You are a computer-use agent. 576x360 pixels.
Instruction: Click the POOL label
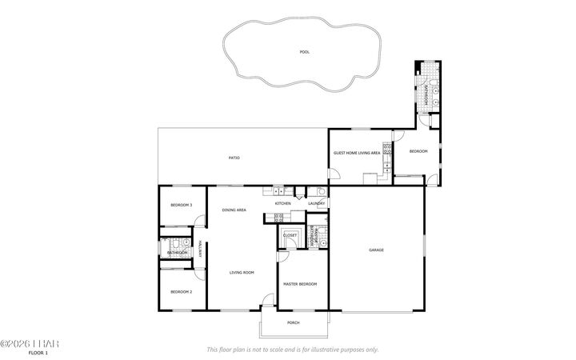pos(304,52)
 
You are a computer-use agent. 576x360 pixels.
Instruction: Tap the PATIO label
pos(234,158)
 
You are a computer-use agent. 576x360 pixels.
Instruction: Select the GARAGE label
pos(376,250)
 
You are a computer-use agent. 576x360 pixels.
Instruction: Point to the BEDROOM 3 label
pos(182,206)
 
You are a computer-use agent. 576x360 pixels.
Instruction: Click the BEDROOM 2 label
pos(182,292)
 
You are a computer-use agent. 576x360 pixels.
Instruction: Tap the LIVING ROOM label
pos(242,273)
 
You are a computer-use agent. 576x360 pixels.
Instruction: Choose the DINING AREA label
pos(234,210)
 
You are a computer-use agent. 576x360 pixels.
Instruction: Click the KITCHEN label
pos(282,204)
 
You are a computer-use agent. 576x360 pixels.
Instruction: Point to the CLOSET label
pos(290,235)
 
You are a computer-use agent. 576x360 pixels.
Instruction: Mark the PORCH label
pos(294,324)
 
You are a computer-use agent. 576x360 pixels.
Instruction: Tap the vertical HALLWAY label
pos(199,250)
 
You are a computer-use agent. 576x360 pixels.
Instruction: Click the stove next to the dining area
pos(278,191)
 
